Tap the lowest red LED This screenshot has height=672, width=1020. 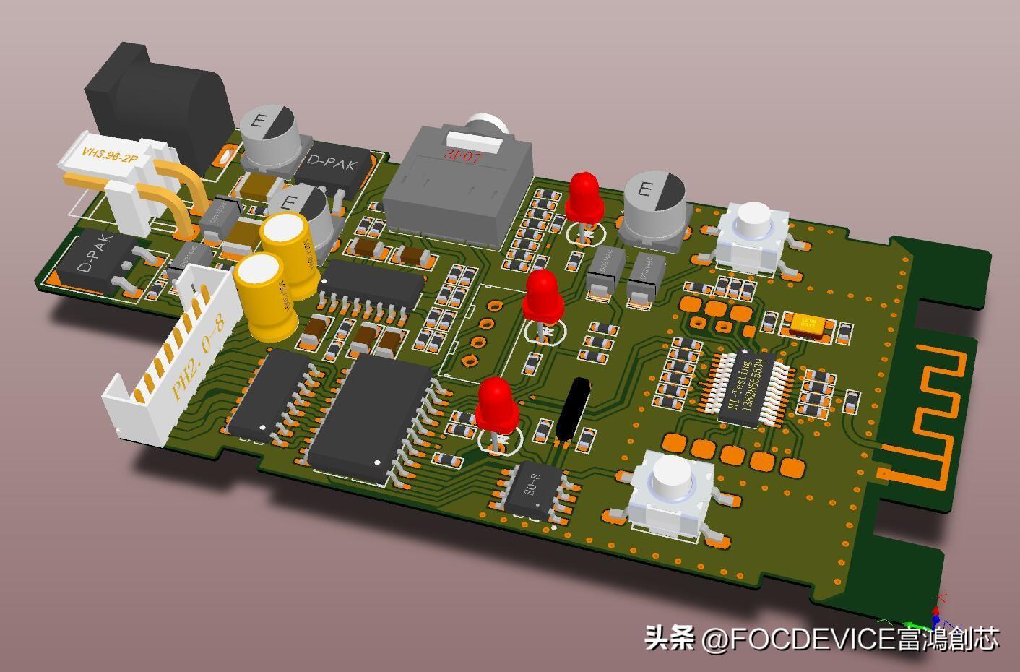click(496, 403)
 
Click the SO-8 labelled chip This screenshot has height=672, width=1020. click(533, 491)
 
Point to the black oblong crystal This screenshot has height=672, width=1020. click(574, 408)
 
